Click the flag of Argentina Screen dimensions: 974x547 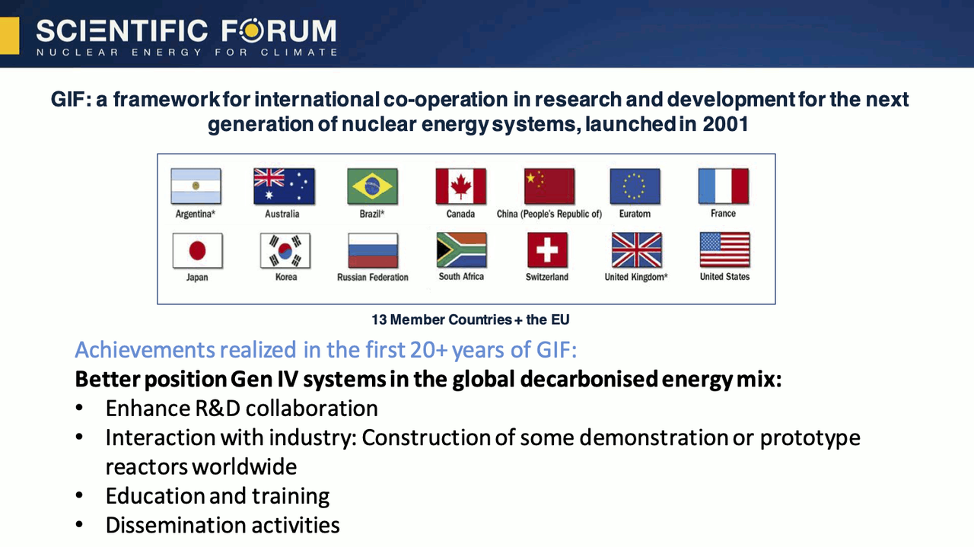196,186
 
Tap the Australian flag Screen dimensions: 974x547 284,186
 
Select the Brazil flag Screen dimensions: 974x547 372,186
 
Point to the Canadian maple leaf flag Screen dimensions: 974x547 461,186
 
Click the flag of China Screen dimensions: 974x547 549,186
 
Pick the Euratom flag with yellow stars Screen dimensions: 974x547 635,186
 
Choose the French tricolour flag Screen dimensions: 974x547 724,186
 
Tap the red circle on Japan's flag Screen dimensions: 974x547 197,251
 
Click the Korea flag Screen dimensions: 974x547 285,250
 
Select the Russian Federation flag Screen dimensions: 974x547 373,250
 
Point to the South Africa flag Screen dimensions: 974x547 461,250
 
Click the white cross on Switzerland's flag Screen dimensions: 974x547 547,250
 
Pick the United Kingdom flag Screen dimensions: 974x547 637,250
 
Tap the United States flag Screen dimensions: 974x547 725,250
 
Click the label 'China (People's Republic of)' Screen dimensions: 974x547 549,214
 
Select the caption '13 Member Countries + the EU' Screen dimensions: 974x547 470,320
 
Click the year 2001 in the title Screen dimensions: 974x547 725,124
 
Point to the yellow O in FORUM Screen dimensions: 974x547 252,31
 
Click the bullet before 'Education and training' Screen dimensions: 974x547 79,495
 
